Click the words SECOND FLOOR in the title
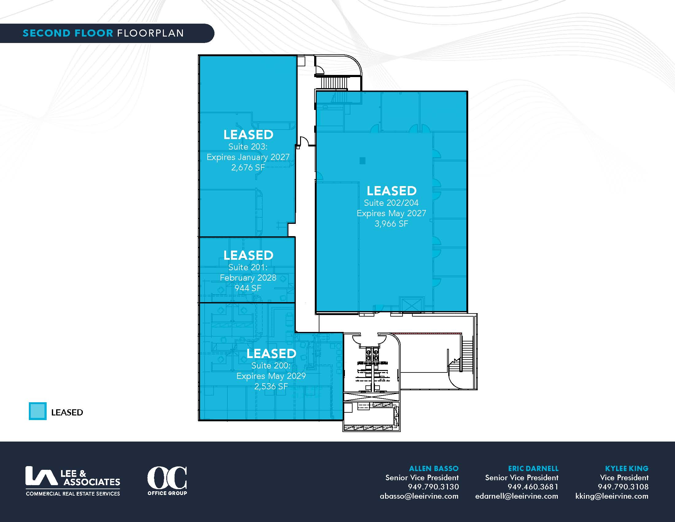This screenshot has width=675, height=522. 68,33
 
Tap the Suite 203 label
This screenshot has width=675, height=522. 248,146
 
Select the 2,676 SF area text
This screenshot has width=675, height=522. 248,168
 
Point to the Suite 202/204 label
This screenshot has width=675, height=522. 391,203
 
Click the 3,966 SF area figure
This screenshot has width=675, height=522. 391,224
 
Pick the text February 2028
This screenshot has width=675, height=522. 248,278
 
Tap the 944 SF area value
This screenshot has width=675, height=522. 248,288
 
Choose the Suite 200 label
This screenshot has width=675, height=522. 271,365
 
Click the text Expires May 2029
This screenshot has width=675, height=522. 271,376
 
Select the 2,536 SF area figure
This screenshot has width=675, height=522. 271,387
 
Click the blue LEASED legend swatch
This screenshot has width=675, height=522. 38,411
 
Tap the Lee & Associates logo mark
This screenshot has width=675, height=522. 41,476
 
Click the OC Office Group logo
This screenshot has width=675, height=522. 167,481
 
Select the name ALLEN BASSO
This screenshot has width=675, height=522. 434,469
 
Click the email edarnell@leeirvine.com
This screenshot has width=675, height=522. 517,496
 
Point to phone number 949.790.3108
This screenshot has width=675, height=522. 623,487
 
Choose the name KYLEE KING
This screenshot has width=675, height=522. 627,469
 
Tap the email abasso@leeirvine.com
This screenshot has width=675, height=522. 419,496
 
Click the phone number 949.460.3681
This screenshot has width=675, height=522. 533,487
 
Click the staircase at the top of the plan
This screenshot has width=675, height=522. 334,83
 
